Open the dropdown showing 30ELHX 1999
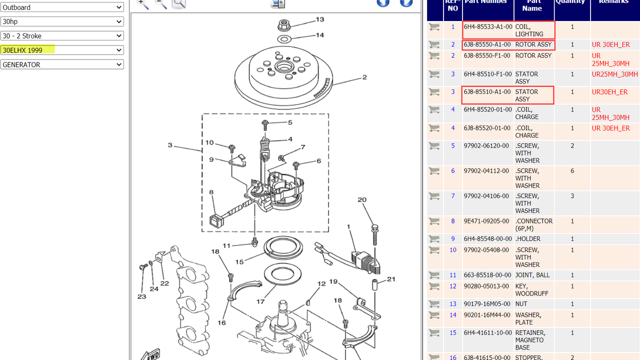click(62, 50)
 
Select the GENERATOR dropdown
click(62, 64)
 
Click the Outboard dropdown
click(62, 7)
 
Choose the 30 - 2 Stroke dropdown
click(62, 36)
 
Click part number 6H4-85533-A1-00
click(488, 27)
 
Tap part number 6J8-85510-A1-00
click(487, 92)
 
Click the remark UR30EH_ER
click(609, 92)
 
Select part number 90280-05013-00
click(487, 286)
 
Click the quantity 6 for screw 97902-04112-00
click(572, 171)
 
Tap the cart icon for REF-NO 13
click(434, 304)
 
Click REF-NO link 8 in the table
click(453, 221)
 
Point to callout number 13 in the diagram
click(319, 19)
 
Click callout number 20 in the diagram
click(362, 200)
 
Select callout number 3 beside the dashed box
click(170, 145)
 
